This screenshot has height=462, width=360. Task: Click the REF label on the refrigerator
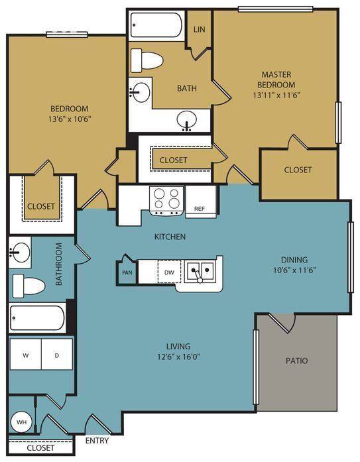[x=200, y=209]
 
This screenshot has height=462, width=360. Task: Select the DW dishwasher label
[x=169, y=272]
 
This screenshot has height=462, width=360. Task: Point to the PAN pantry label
[x=127, y=272]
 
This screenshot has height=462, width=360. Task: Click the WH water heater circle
[x=21, y=422]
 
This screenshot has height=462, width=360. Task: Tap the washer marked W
[x=26, y=354]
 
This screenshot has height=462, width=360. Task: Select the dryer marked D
[x=57, y=354]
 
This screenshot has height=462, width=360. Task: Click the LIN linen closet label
[x=200, y=29]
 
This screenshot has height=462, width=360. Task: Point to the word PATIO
[x=296, y=361]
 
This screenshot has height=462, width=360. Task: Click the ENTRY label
[x=97, y=441]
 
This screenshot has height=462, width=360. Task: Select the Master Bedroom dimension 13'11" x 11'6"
[x=276, y=95]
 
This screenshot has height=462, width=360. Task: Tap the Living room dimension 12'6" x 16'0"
[x=178, y=357]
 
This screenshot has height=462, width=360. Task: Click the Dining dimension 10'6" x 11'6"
[x=294, y=270]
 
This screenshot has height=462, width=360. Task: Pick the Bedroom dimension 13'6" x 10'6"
[x=69, y=119]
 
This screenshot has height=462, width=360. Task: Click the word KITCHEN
[x=170, y=237]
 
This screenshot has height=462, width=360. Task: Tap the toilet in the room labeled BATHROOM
[x=29, y=286]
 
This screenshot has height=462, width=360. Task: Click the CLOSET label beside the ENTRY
[x=40, y=448]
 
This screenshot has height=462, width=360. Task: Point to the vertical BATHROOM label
[x=59, y=264]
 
